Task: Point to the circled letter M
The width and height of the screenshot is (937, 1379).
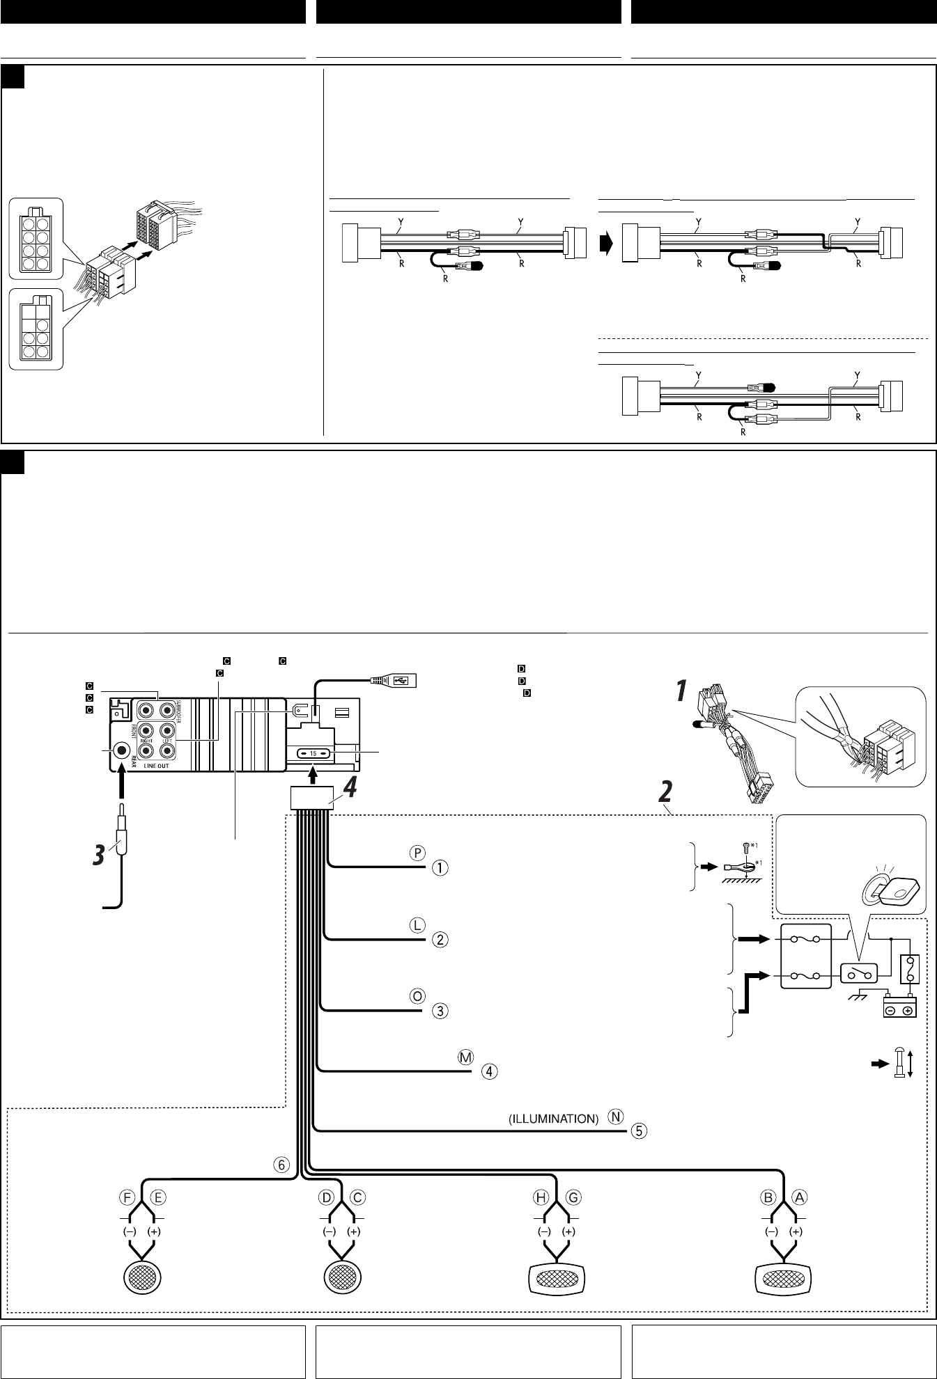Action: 466,1057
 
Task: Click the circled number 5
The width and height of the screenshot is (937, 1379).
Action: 640,1130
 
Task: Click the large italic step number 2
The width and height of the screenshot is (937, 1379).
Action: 667,791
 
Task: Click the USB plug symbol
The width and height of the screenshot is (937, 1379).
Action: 398,680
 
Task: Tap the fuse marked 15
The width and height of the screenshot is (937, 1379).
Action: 313,753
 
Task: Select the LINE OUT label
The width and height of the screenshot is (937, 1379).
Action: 159,766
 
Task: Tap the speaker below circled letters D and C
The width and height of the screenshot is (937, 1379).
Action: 342,1278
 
